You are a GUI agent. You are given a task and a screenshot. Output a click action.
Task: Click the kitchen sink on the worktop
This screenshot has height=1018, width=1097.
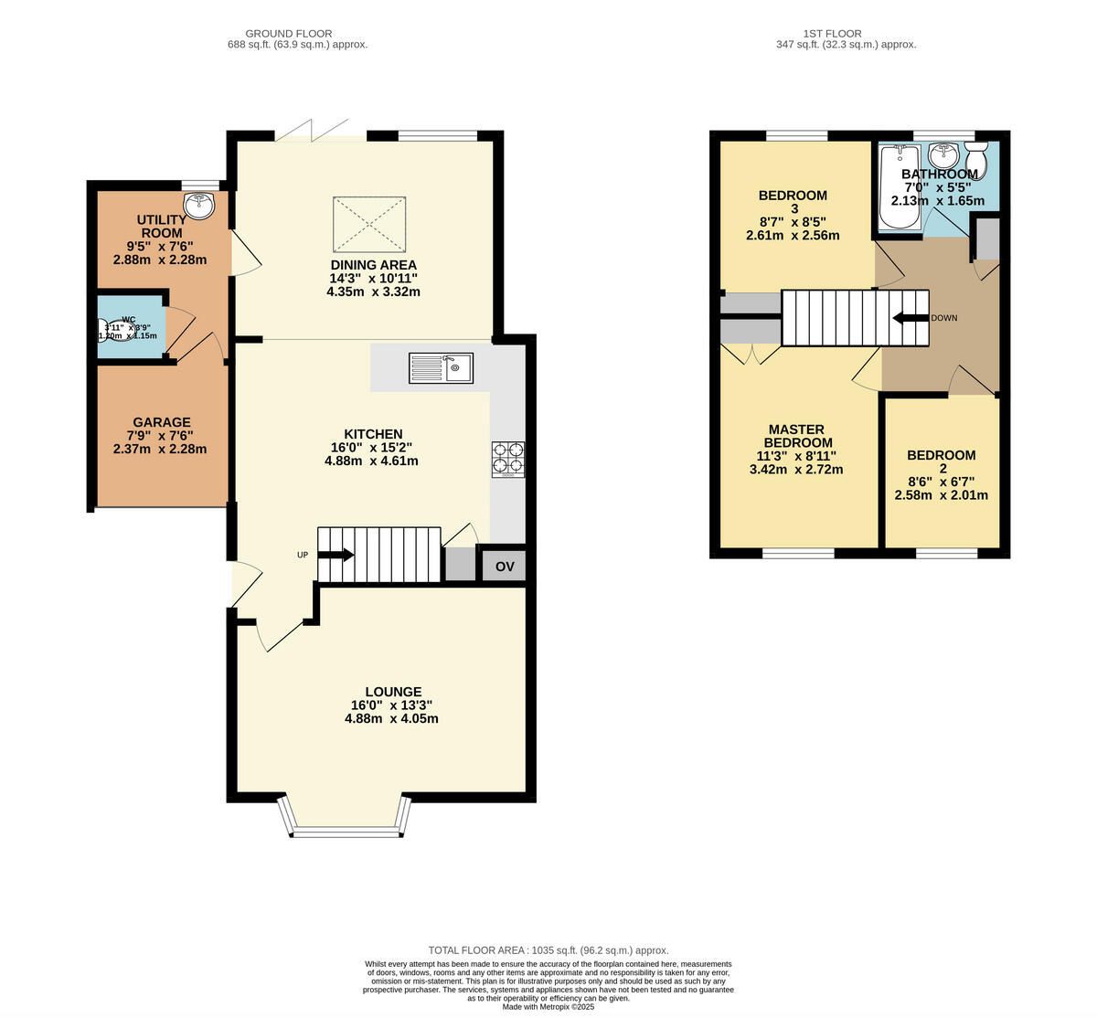[x=441, y=368]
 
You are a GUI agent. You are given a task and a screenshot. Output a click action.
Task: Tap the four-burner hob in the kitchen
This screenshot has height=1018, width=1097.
[x=509, y=460]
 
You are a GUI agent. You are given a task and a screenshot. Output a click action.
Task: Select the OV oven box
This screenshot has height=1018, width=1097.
[x=505, y=567]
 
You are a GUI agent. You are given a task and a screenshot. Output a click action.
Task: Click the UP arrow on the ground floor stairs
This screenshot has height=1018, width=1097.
[x=335, y=555]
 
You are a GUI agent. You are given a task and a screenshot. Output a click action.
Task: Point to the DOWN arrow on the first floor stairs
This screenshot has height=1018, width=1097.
[x=911, y=318]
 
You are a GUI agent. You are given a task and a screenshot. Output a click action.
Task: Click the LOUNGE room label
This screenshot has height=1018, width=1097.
[x=393, y=692]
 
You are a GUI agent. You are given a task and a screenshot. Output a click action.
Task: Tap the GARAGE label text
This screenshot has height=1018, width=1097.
[x=162, y=422]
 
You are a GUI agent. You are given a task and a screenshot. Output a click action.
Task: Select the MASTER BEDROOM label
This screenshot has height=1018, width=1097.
[x=796, y=436]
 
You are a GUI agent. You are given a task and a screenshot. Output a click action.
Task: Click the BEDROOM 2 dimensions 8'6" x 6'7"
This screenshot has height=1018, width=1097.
[x=941, y=482]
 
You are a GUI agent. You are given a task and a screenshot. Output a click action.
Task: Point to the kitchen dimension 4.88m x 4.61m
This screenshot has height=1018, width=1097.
[x=371, y=461]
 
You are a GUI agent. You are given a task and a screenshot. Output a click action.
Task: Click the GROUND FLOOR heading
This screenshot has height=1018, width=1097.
[x=289, y=34]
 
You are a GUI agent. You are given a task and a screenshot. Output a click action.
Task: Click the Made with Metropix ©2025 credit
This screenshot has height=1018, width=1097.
[x=548, y=1006]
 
